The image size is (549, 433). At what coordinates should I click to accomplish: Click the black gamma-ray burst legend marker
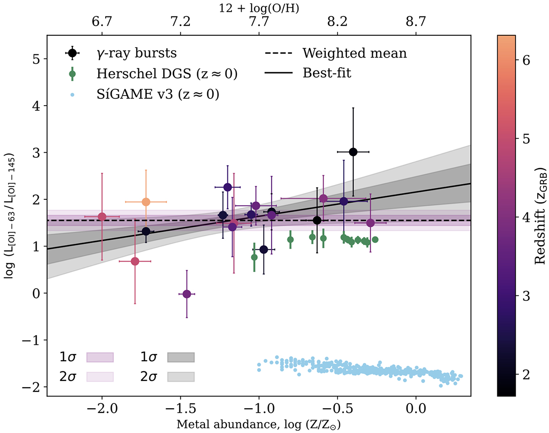(x=72, y=53)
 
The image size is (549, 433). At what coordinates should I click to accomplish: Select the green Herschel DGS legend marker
(x=72, y=73)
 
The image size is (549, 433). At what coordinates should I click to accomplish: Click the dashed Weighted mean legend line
(x=279, y=53)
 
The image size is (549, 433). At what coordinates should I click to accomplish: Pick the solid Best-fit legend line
(x=279, y=73)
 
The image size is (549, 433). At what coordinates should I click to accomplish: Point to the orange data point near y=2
(x=146, y=202)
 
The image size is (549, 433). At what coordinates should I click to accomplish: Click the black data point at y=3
(x=353, y=152)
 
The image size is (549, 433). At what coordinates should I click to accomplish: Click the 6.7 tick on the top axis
(x=102, y=22)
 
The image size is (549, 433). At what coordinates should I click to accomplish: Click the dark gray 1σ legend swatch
(x=181, y=357)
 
